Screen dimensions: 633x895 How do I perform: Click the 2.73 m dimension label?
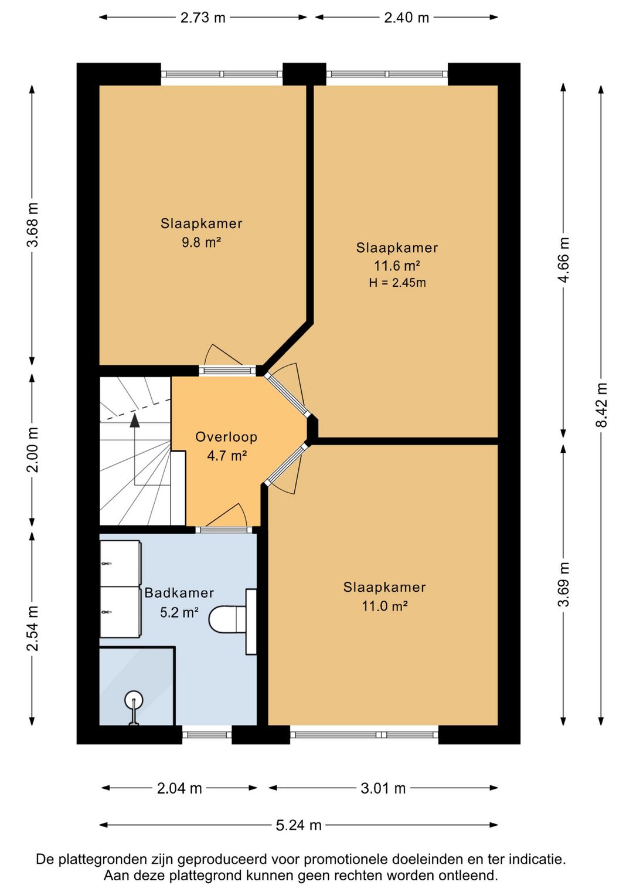203,18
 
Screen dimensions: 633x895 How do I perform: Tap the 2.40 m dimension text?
406,18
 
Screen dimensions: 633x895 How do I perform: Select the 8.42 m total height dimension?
601,405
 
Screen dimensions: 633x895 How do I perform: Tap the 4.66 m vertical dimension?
563,260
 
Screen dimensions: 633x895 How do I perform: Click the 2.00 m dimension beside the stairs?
32,450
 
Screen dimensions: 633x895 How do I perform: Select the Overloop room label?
226,437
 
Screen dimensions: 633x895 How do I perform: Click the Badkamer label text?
179,593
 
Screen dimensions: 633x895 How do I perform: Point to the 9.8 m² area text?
202,242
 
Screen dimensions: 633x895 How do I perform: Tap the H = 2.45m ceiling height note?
397,283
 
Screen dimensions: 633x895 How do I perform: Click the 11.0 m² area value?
384,606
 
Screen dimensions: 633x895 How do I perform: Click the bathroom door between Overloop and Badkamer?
224,530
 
